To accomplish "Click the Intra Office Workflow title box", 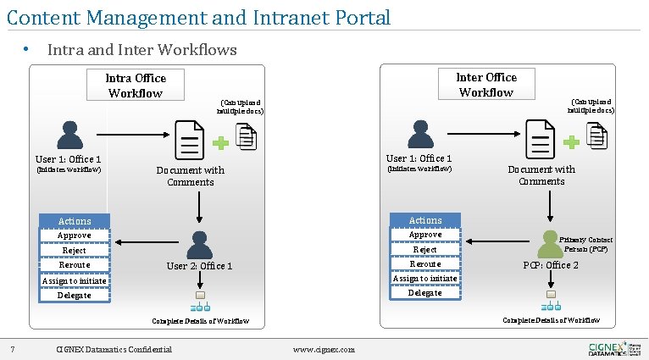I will (x=136, y=86).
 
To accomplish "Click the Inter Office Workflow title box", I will (x=485, y=85).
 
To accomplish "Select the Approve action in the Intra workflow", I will (x=75, y=235).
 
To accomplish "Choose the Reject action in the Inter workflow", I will (x=424, y=250).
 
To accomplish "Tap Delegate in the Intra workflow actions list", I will (x=75, y=296).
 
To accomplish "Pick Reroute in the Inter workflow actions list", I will (x=424, y=264).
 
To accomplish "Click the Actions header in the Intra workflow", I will (x=75, y=221).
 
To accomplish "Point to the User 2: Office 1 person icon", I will (x=199, y=244).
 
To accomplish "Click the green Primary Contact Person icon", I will (x=551, y=244).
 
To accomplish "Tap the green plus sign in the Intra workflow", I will (x=220, y=143).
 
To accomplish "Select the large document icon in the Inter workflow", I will (x=540, y=137).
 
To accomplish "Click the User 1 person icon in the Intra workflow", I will (x=69, y=135).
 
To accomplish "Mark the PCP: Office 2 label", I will (x=550, y=265).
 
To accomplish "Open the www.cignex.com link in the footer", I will (x=324, y=350).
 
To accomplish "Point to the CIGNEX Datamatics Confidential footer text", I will (x=114, y=350).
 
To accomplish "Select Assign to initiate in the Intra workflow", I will (x=75, y=280).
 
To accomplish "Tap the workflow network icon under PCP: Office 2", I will (x=551, y=300).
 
